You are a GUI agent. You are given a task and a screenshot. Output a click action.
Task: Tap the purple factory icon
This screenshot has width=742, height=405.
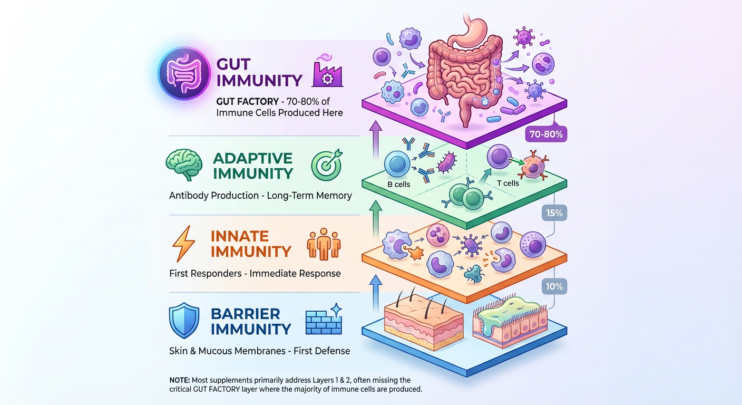pyautogui.click(x=327, y=72)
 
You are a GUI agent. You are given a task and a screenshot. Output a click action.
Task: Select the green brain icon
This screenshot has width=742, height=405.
pyautogui.click(x=184, y=165)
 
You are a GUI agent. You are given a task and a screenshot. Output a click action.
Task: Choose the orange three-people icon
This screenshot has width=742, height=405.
pyautogui.click(x=324, y=244)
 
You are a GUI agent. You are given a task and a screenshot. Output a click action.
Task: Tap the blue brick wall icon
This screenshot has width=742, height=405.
pyautogui.click(x=324, y=320)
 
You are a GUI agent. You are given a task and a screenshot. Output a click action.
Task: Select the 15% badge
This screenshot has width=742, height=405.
pyautogui.click(x=554, y=213)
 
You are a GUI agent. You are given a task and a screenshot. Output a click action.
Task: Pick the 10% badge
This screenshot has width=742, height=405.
pyautogui.click(x=554, y=287)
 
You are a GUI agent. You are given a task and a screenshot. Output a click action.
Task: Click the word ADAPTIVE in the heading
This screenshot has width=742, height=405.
pyautogui.click(x=253, y=158)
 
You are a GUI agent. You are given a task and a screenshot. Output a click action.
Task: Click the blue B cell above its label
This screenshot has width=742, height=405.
pyautogui.click(x=398, y=163)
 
